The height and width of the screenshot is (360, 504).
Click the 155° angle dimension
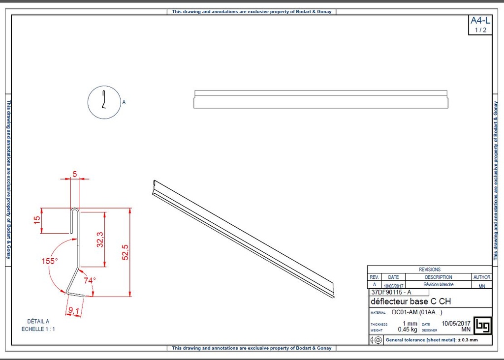tap(49, 261)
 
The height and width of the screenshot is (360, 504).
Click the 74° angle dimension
tap(90, 280)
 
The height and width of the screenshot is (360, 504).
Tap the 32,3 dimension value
tap(100, 240)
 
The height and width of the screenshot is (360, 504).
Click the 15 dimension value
tap(37, 220)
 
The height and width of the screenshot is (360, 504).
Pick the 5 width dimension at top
tap(75, 174)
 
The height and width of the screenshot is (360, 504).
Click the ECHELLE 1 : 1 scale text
tap(38, 329)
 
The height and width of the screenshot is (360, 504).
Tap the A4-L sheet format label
tap(480, 21)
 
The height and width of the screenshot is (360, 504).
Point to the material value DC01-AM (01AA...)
tap(417, 312)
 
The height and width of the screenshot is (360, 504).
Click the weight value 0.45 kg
tap(408, 330)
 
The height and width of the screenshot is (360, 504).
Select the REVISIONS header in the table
tap(429, 270)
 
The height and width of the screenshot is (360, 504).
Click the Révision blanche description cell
tap(438, 285)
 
